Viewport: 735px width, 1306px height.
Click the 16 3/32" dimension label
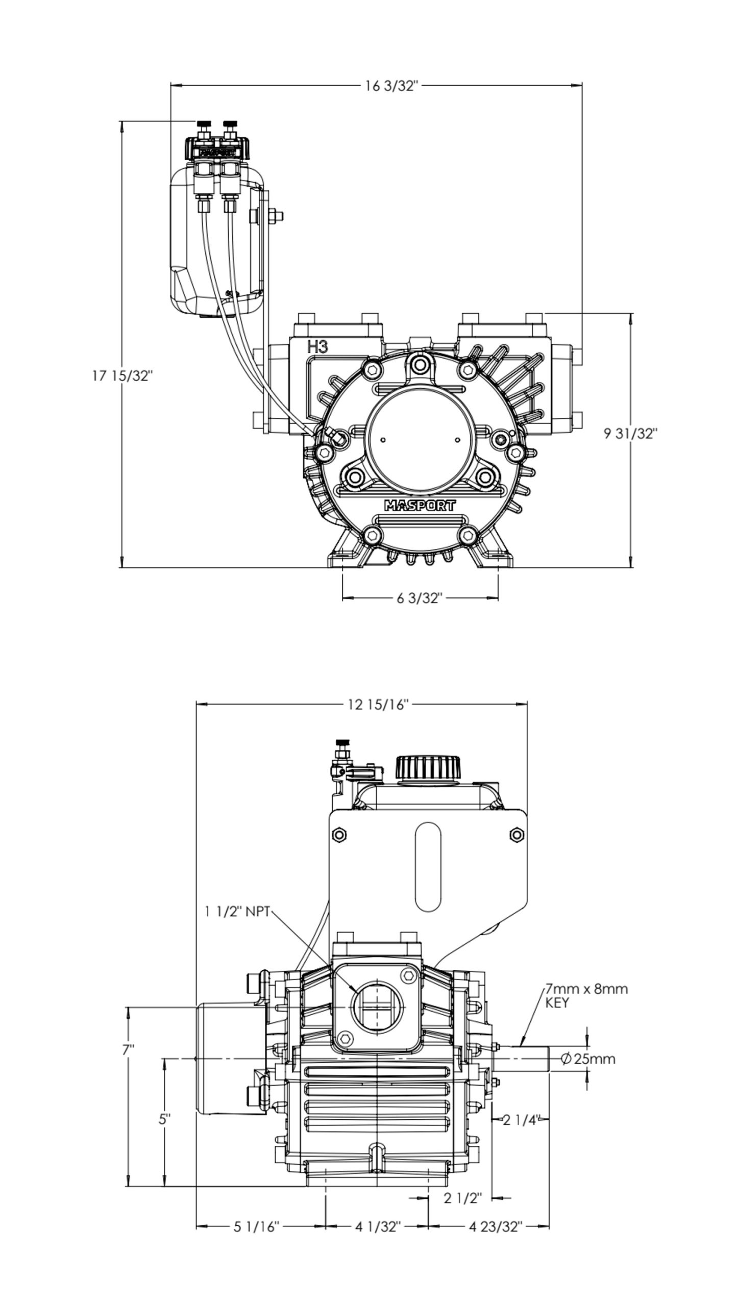(x=391, y=85)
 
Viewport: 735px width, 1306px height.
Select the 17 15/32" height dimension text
(x=122, y=376)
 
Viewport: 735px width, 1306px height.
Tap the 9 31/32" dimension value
(x=631, y=434)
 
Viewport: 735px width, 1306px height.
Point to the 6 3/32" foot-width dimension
(x=419, y=597)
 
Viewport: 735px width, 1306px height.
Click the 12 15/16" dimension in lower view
(x=378, y=705)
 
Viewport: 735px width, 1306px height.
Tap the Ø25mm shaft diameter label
(x=587, y=1059)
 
